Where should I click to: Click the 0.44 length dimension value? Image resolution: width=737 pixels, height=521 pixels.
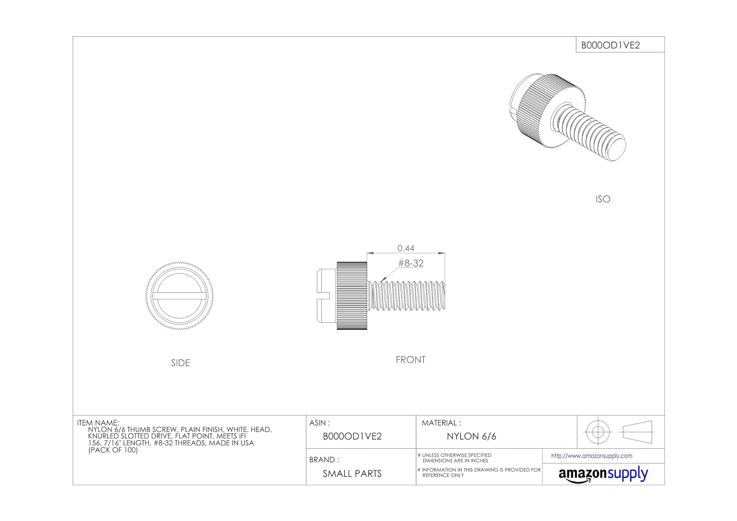406,248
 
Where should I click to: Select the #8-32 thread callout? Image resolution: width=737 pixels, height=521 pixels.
411,263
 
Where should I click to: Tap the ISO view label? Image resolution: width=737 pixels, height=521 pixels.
602,199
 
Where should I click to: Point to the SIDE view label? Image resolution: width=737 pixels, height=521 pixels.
180,363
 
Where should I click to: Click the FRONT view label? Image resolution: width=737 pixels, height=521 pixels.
410,360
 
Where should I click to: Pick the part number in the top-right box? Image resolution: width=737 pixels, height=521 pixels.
611,45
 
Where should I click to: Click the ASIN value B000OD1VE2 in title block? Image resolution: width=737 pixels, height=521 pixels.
352,436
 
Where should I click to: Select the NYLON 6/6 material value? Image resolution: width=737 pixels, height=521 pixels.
471,436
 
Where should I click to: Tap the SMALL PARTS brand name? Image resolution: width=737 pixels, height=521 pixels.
352,474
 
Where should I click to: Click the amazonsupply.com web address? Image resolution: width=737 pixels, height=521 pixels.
592,456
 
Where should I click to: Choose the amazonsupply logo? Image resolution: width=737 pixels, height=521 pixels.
603,475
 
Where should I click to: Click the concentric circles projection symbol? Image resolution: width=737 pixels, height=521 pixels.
597,432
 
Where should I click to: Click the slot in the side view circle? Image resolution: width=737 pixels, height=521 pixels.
180,295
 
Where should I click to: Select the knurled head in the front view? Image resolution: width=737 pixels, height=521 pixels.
352,295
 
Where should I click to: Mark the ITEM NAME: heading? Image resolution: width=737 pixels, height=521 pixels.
98,423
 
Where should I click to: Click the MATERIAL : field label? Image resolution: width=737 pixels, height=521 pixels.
441,423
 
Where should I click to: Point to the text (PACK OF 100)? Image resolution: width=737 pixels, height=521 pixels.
113,450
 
